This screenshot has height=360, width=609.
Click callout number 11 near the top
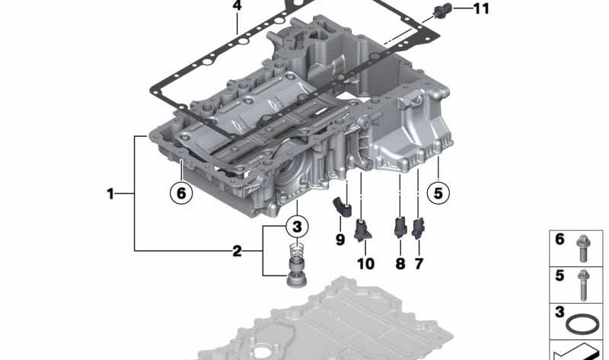click(481, 8)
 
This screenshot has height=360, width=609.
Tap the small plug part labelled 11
click(442, 9)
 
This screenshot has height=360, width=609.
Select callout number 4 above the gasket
click(237, 5)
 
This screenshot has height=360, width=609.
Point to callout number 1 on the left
click(110, 193)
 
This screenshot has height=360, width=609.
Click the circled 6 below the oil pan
click(181, 193)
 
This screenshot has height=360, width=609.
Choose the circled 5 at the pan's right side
click(438, 193)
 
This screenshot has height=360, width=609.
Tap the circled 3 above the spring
click(297, 226)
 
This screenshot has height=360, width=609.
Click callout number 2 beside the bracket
click(237, 251)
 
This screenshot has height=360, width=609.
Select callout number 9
click(340, 240)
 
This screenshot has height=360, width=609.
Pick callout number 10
click(365, 263)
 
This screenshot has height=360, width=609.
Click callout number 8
click(400, 263)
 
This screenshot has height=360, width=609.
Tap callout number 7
click(418, 263)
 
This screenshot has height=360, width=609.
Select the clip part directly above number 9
click(341, 206)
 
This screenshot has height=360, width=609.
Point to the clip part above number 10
click(363, 229)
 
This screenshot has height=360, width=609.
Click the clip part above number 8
click(400, 227)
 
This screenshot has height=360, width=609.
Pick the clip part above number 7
click(418, 229)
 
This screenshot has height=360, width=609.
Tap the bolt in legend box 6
click(584, 249)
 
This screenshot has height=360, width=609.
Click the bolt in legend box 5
click(583, 285)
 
